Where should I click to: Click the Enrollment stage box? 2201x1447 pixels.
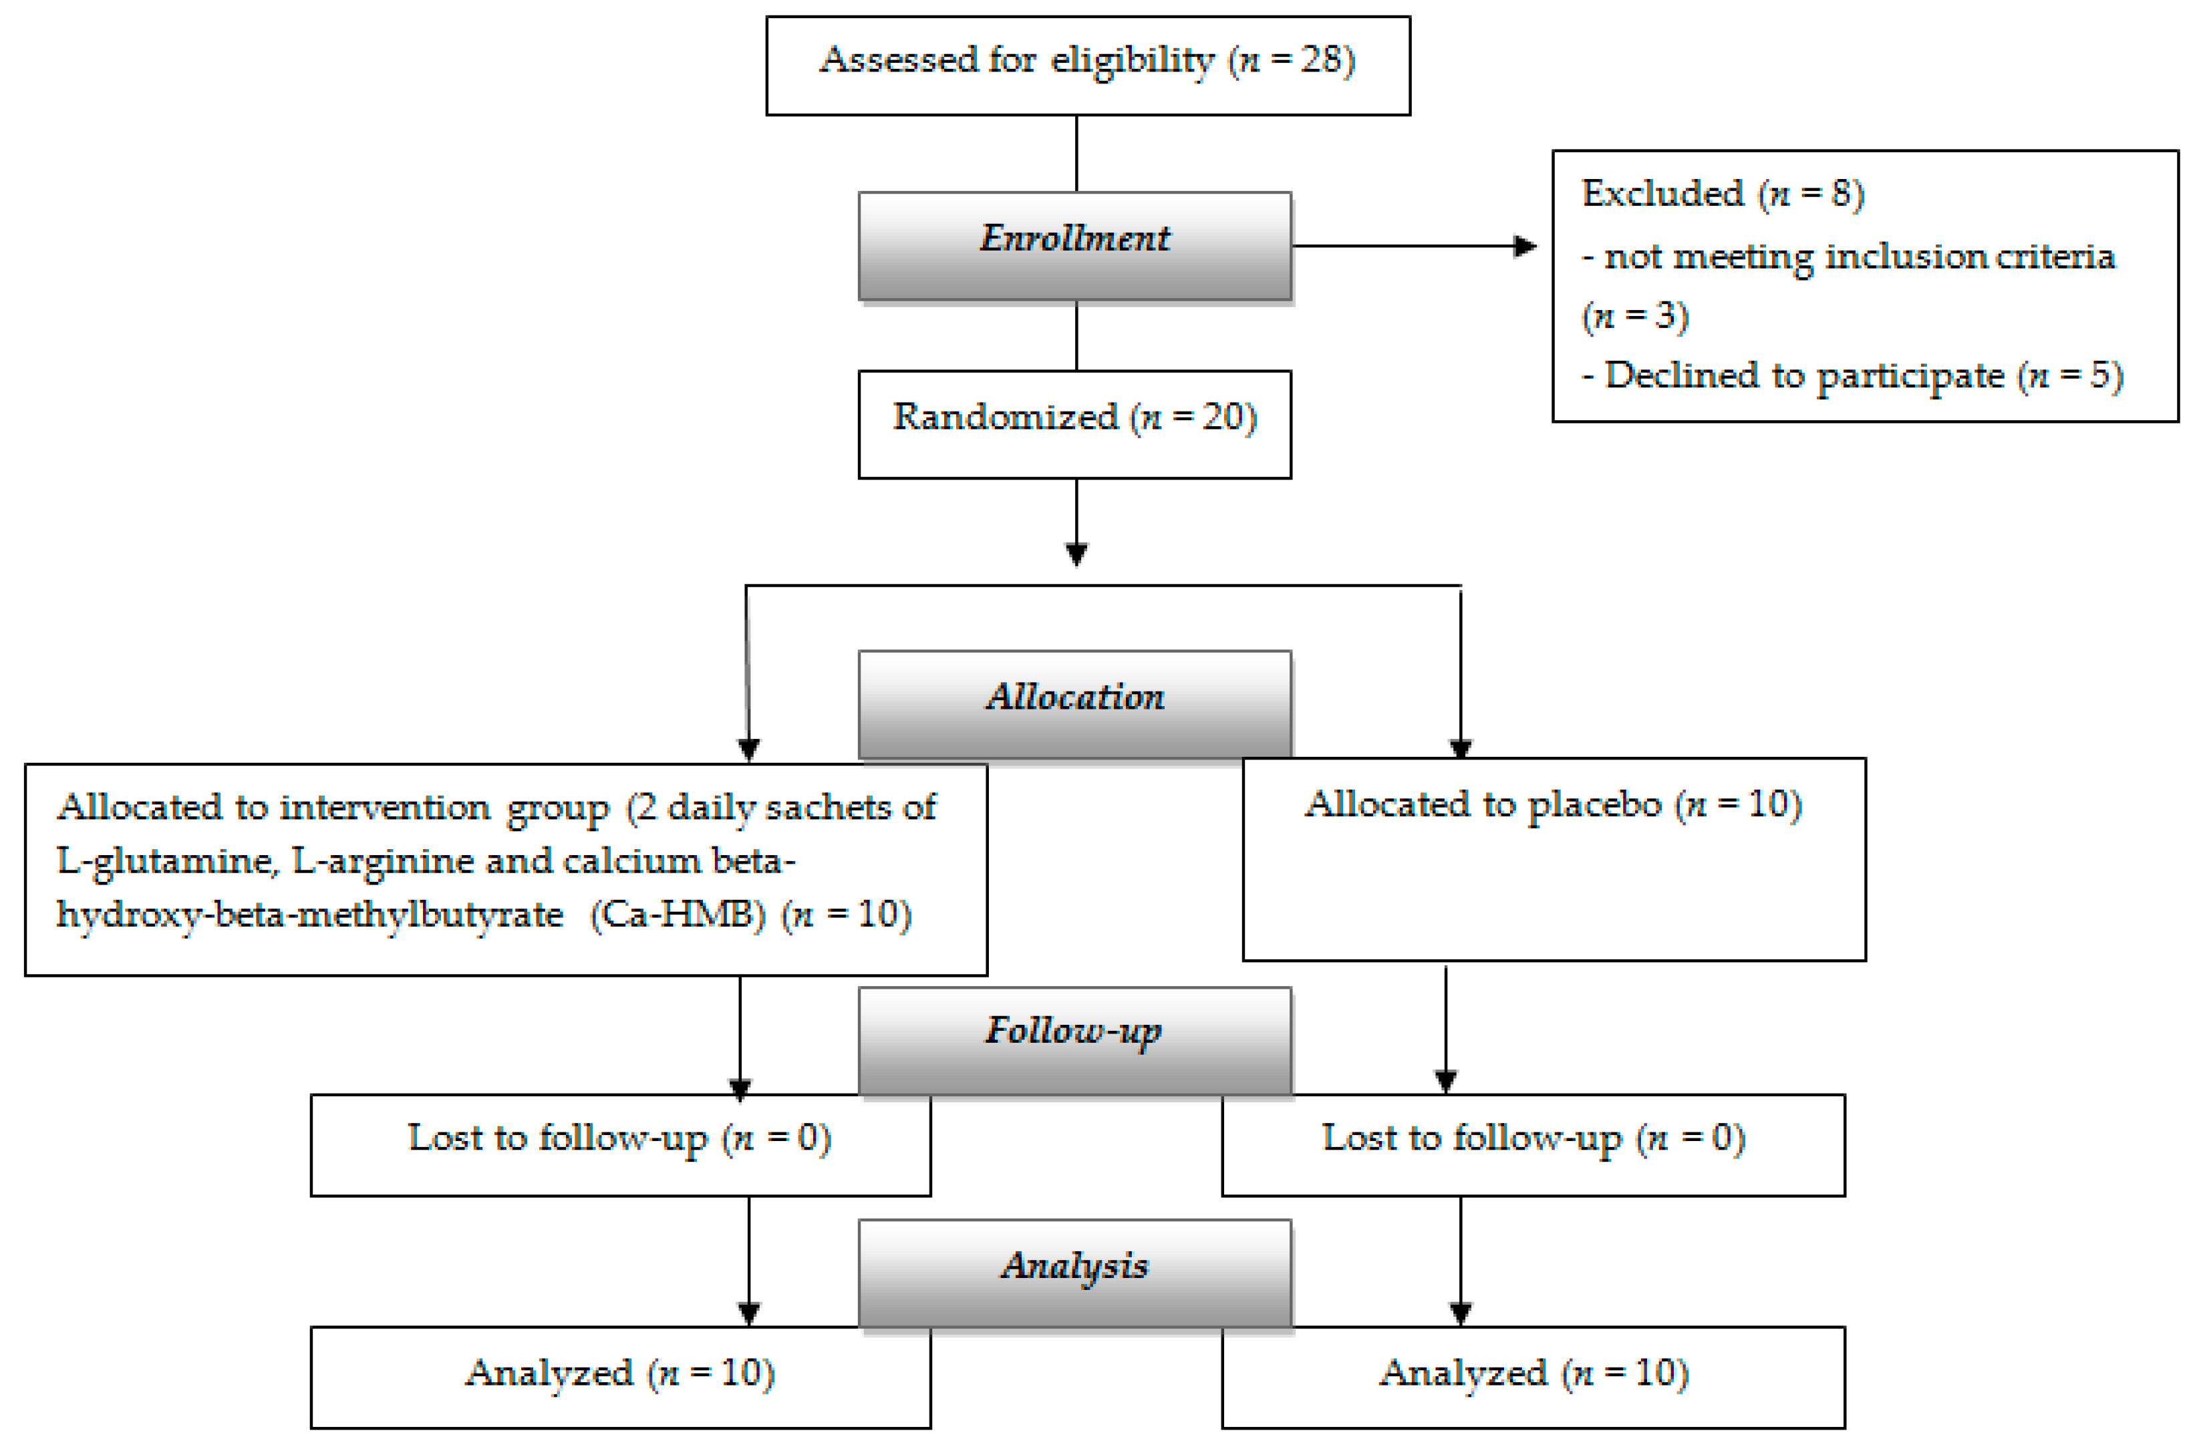point(1074,246)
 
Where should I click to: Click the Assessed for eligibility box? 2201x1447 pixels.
point(1088,65)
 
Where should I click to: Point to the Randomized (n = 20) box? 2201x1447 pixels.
point(1074,424)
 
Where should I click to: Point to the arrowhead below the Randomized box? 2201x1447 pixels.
point(1076,553)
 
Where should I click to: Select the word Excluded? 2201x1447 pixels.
point(1662,193)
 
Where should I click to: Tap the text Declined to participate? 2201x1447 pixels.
point(1804,375)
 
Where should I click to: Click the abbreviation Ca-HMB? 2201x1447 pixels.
point(678,915)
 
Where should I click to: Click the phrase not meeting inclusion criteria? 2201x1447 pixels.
point(1859,256)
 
